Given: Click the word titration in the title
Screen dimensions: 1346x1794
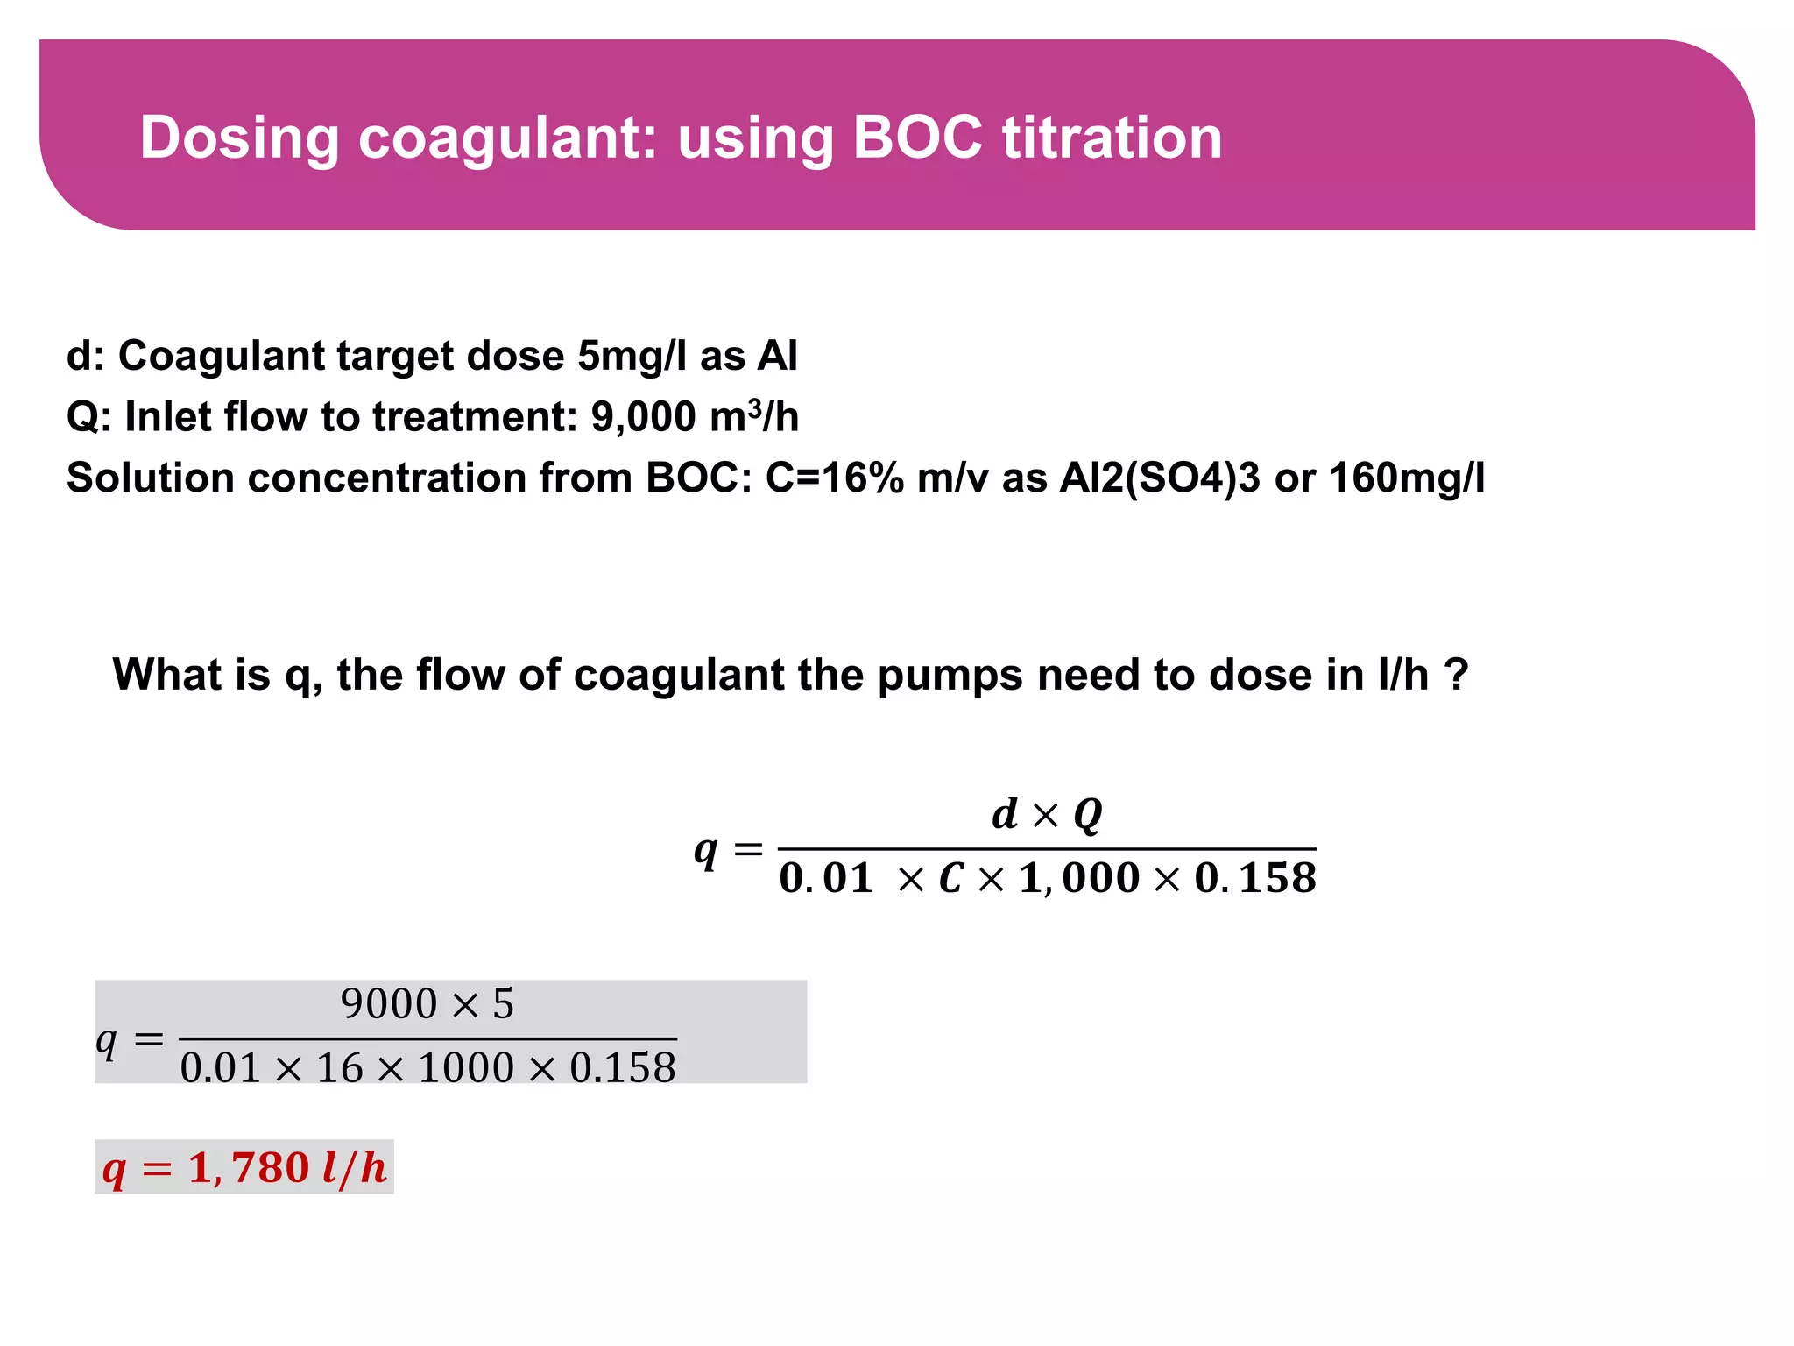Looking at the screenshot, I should pyautogui.click(x=1112, y=138).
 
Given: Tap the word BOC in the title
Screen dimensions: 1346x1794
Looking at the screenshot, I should pyautogui.click(x=917, y=138).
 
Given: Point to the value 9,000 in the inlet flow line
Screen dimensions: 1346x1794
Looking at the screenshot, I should pyautogui.click(x=643, y=417).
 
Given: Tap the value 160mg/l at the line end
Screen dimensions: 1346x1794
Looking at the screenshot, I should pyautogui.click(x=1407, y=478).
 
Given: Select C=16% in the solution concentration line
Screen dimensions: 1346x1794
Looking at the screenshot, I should pyautogui.click(x=834, y=478).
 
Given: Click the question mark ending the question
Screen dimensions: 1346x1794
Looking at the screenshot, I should pyautogui.click(x=1455, y=675).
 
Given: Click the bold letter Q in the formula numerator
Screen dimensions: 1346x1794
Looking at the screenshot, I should pyautogui.click(x=1087, y=815).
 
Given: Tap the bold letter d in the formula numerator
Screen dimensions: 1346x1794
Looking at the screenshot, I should pyautogui.click(x=1005, y=814).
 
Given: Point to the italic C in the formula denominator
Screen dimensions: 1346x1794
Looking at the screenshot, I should pyautogui.click(x=951, y=878).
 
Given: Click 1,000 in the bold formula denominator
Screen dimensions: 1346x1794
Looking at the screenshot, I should pyautogui.click(x=1079, y=878).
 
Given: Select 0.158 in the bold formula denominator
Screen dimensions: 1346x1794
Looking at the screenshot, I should pyautogui.click(x=1255, y=878).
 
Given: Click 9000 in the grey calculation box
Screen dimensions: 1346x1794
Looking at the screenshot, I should pyautogui.click(x=388, y=1004).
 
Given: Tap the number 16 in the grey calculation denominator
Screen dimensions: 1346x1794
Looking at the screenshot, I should pyautogui.click(x=339, y=1068).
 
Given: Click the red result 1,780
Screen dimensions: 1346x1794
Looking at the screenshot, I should pyautogui.click(x=249, y=1168).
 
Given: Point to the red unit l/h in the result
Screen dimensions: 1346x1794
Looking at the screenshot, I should pyautogui.click(x=355, y=1168).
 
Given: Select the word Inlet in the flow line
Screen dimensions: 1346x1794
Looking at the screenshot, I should pyautogui.click(x=167, y=417).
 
